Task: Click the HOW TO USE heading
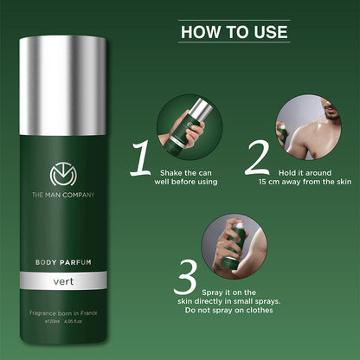pos(234,32)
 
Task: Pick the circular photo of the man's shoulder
pos(301,124)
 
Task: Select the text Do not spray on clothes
pos(263,308)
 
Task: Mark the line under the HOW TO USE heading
pos(234,43)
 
